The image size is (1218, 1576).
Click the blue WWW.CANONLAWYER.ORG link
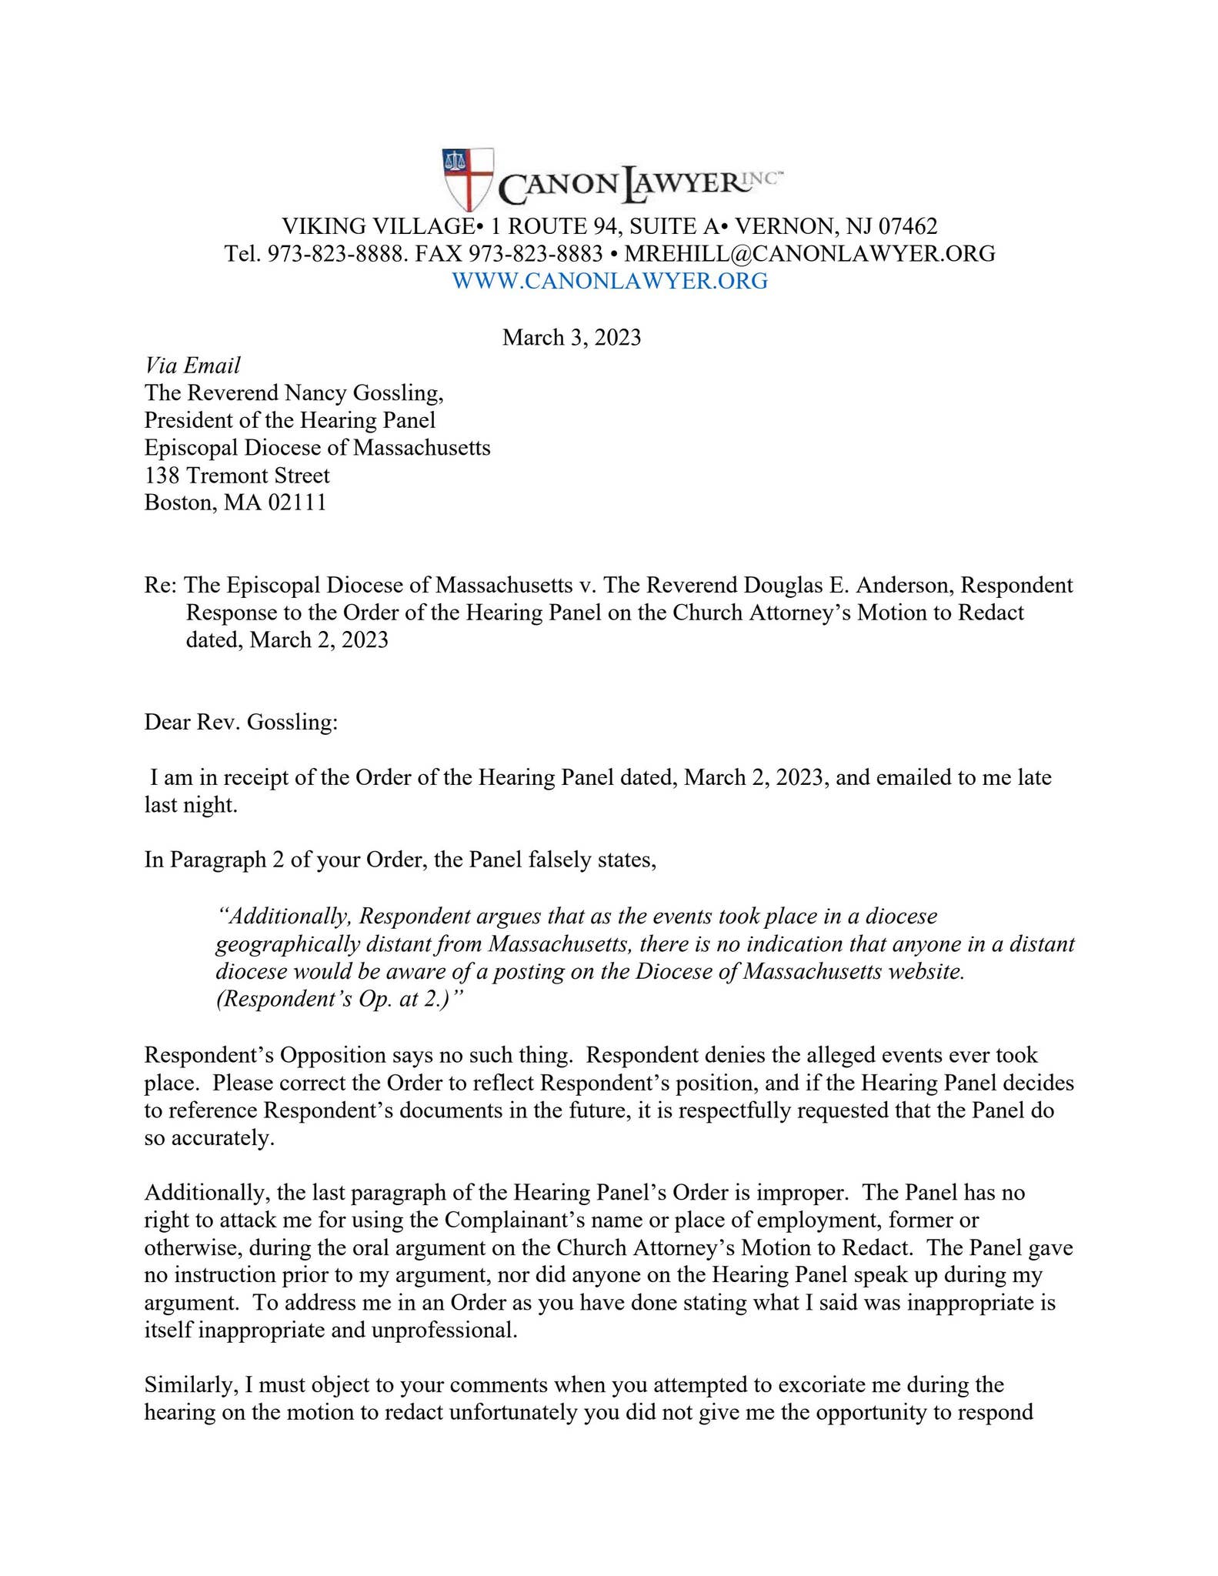pos(609,281)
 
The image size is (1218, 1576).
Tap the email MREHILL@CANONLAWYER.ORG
pos(809,253)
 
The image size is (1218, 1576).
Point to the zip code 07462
pos(908,226)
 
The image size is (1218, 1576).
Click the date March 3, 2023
pos(571,338)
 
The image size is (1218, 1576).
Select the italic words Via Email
pos(192,365)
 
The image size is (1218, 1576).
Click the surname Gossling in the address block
pos(395,393)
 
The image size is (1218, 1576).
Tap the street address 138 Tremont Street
pos(237,476)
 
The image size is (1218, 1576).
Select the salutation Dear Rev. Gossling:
pos(241,723)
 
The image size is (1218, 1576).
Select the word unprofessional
pos(443,1331)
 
